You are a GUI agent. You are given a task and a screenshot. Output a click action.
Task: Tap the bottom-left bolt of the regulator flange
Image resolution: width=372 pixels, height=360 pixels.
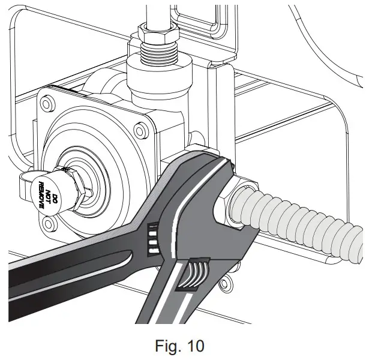50,223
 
